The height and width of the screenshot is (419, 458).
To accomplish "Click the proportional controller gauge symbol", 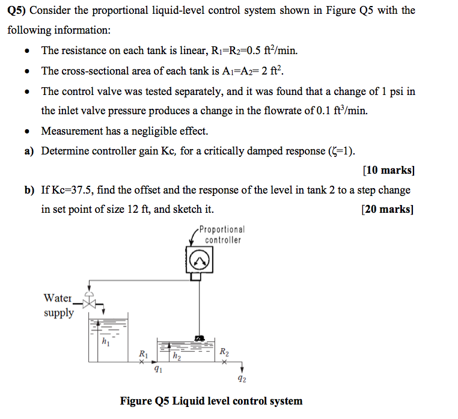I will coord(199,260).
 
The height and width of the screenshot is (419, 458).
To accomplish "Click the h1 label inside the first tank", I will coord(106,343).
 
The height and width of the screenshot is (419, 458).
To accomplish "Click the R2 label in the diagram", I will coord(224,352).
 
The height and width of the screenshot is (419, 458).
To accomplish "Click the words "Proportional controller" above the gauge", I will coord(222,235).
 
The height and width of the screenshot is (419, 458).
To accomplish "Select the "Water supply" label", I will coord(58,305).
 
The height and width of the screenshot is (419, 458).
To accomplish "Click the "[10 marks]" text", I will coord(389,170).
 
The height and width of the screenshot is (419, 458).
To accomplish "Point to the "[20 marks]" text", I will coord(388,210).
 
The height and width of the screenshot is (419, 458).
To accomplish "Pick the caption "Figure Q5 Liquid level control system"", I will coord(212,401).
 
